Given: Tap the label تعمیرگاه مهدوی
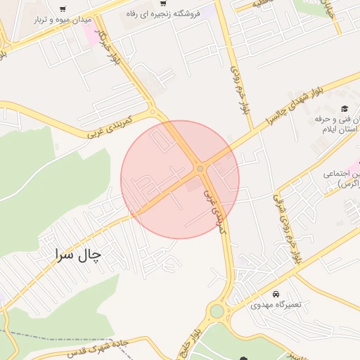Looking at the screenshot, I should [x=280, y=306].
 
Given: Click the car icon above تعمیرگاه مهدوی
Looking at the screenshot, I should [x=276, y=293].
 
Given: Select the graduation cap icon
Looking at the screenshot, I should [x=345, y=108].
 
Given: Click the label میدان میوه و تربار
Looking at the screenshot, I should [x=62, y=20].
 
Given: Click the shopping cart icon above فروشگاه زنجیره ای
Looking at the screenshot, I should [x=163, y=4].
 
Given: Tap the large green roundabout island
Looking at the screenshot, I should [x=217, y=311].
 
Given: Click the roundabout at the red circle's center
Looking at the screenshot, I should [x=200, y=168].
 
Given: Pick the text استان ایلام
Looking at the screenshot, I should [x=335, y=131].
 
